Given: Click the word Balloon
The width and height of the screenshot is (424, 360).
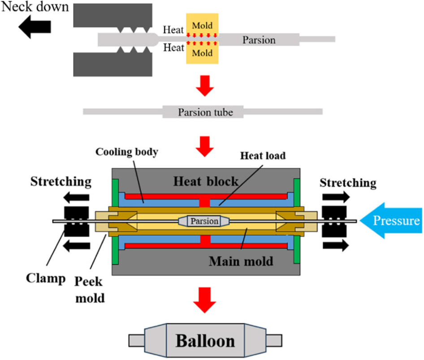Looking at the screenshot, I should pyautogui.click(x=205, y=341).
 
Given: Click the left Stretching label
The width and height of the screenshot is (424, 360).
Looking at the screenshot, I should pyautogui.click(x=61, y=182).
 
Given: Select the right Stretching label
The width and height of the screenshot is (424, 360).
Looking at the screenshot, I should pyautogui.click(x=348, y=183).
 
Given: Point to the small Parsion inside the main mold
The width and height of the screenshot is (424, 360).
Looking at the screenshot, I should pyautogui.click(x=204, y=221).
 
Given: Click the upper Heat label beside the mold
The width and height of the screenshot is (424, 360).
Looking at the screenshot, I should pyautogui.click(x=173, y=30).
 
